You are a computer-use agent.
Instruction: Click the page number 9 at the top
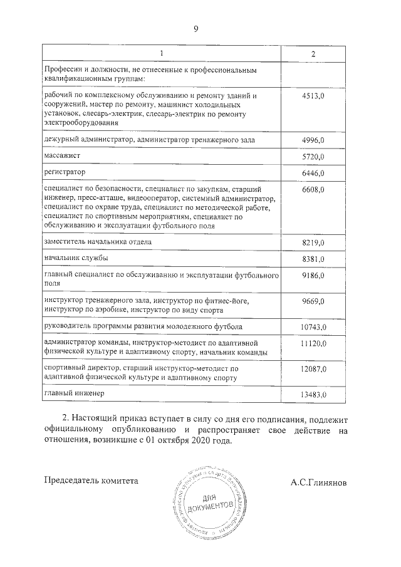196,29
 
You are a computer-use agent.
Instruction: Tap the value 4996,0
313,139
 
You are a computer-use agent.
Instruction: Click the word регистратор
65,171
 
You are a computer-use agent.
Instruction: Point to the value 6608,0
313,189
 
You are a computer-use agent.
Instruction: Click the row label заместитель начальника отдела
98,241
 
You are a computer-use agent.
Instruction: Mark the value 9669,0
313,303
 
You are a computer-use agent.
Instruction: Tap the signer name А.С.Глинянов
318,483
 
